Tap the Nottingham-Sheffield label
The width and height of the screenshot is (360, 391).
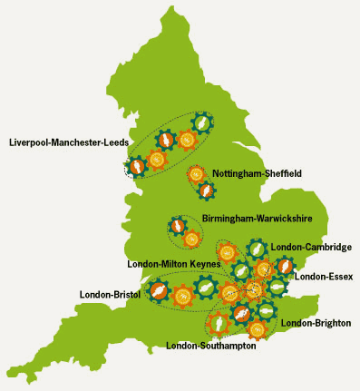click(257, 172)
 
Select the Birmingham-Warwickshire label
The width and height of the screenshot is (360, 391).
click(251, 219)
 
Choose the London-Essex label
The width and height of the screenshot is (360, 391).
click(324, 276)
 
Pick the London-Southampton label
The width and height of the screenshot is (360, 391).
click(211, 346)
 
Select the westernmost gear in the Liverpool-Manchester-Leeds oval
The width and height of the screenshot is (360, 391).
click(137, 167)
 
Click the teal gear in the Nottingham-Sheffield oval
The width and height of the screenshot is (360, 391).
click(207, 191)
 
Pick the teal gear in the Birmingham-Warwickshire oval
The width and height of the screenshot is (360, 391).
click(178, 226)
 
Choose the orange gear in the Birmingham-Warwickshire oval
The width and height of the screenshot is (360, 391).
click(191, 239)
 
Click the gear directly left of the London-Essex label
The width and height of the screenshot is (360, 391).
click(285, 266)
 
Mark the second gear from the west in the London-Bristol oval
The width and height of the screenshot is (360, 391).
click(182, 294)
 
